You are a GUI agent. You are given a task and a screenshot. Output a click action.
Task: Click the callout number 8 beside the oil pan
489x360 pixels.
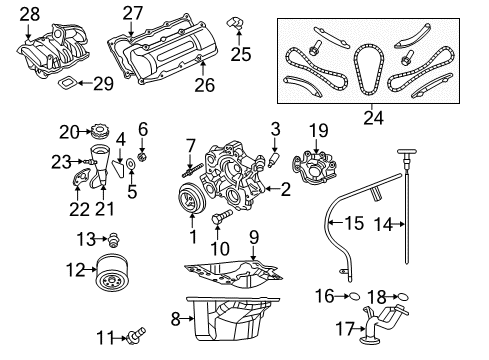pyautogui.click(x=176, y=320)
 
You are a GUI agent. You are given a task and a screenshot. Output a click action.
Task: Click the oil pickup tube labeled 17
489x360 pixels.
pyautogui.click(x=380, y=325)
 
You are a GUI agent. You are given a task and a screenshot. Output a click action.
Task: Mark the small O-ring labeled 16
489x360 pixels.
pyautogui.click(x=355, y=296)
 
